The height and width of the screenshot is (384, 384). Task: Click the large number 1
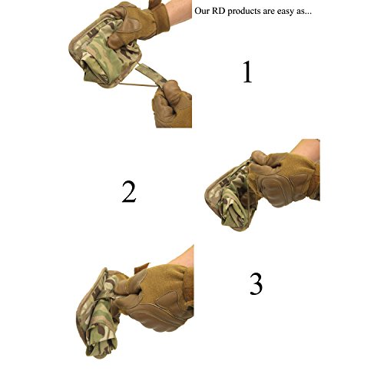pyautogui.click(x=247, y=71)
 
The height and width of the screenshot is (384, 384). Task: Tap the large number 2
pyautogui.click(x=129, y=191)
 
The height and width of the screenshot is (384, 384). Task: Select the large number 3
pyautogui.click(x=256, y=283)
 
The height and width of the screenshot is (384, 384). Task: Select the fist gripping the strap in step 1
pyautogui.click(x=173, y=104)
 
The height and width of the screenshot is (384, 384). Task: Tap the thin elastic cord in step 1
pyautogui.click(x=138, y=84)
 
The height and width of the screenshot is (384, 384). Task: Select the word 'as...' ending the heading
pyautogui.click(x=304, y=12)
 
